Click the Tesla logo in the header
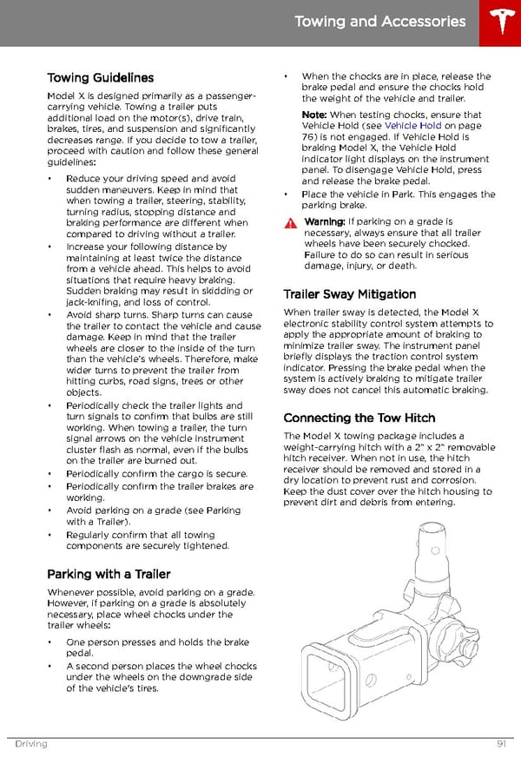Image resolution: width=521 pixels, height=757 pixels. pyautogui.click(x=499, y=23)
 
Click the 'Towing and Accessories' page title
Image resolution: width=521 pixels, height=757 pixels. pyautogui.click(x=379, y=22)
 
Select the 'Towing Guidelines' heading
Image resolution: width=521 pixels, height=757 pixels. pyautogui.click(x=100, y=78)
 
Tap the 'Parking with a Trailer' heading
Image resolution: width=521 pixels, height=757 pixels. pyautogui.click(x=109, y=574)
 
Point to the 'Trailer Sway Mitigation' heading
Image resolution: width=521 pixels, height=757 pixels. pyautogui.click(x=350, y=294)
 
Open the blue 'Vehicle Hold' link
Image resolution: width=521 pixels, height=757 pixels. pyautogui.click(x=413, y=126)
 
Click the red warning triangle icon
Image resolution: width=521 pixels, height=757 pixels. pyautogui.click(x=290, y=223)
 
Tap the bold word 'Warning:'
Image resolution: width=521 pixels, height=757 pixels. pyautogui.click(x=324, y=222)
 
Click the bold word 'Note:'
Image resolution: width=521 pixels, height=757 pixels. pyautogui.click(x=314, y=115)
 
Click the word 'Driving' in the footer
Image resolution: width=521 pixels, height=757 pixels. pyautogui.click(x=30, y=744)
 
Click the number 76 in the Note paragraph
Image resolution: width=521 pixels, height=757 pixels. pyautogui.click(x=308, y=137)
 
